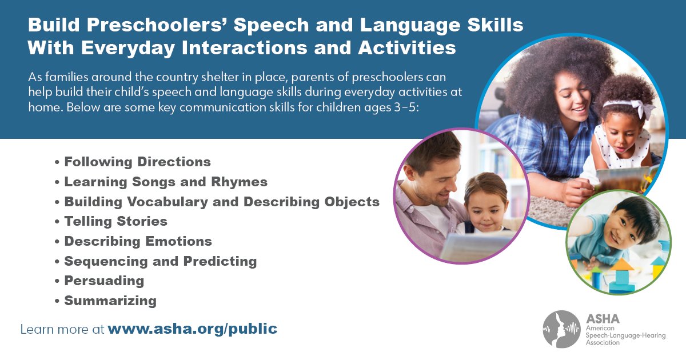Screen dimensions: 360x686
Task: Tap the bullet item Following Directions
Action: pos(137,162)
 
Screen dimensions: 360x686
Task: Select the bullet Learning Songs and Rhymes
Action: pos(166,182)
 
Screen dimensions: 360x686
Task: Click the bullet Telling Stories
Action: pos(115,221)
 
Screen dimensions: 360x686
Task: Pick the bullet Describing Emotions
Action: pos(138,241)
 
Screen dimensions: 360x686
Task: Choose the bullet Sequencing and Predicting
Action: pos(160,261)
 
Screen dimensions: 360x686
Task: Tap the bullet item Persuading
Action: pos(104,281)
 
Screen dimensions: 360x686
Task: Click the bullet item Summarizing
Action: pos(110,301)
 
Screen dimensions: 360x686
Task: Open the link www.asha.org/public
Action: pos(192,329)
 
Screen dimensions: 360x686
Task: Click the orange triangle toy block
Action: pos(621,263)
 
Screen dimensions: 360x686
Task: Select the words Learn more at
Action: pos(62,329)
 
